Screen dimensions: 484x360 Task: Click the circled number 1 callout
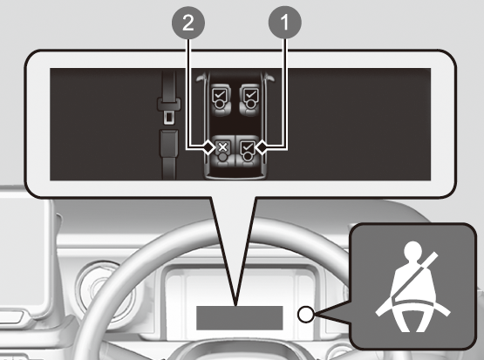click(x=284, y=23)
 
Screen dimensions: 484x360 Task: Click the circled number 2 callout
click(x=188, y=23)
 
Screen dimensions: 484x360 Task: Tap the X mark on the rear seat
click(x=222, y=147)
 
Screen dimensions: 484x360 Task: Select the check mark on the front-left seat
click(x=220, y=94)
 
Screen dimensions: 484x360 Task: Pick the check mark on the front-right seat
click(x=251, y=94)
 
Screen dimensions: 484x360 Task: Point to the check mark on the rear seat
click(x=248, y=146)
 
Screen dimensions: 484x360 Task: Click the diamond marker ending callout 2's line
click(x=208, y=147)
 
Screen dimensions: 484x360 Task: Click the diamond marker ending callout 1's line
click(x=262, y=147)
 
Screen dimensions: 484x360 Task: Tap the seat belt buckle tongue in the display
click(x=168, y=110)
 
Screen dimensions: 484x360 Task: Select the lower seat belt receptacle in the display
click(x=168, y=143)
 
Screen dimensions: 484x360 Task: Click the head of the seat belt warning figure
click(x=412, y=250)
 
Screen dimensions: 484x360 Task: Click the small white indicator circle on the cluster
click(x=306, y=315)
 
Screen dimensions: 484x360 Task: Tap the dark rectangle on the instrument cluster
click(x=240, y=318)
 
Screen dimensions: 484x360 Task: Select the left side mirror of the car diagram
click(x=200, y=78)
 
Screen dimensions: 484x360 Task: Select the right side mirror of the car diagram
click(x=270, y=78)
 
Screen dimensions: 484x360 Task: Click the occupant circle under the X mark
click(x=222, y=157)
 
